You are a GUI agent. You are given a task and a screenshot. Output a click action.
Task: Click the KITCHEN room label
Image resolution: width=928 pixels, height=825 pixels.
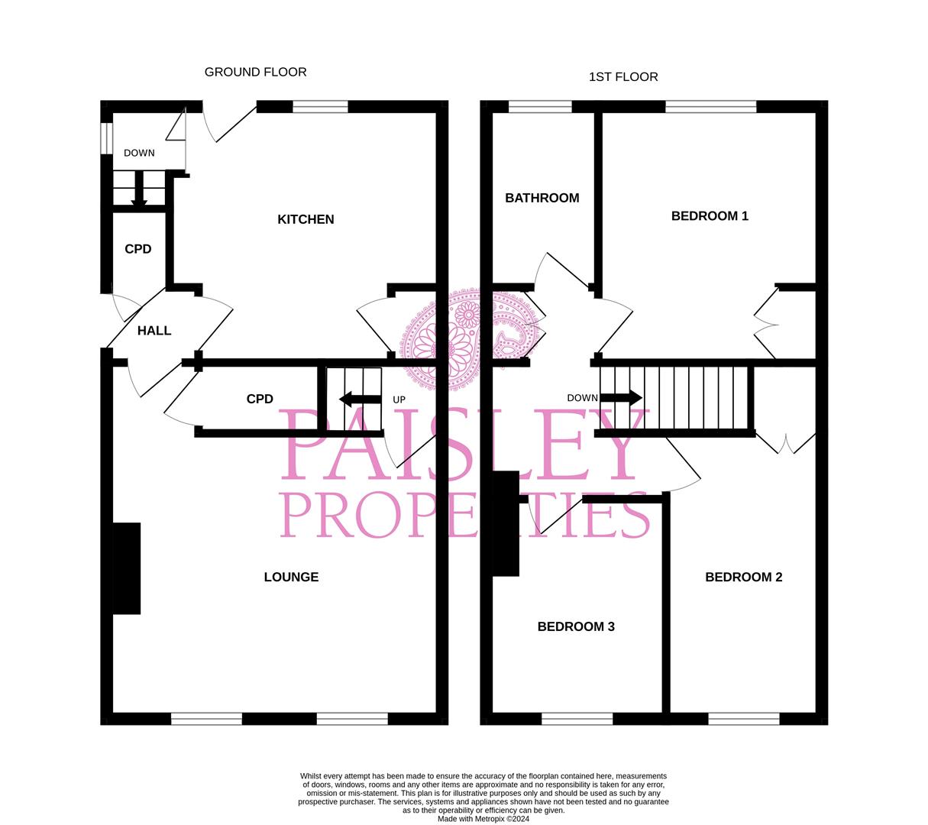[x=306, y=219]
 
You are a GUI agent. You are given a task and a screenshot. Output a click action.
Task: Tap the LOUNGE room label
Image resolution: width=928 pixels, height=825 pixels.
[x=291, y=577]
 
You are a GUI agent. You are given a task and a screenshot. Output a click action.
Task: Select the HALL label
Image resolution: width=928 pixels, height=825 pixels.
[x=154, y=331]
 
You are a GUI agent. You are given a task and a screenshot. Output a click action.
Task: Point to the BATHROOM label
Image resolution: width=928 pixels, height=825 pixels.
[x=542, y=198]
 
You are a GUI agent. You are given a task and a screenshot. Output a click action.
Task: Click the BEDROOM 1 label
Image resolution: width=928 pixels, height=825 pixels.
[x=710, y=215]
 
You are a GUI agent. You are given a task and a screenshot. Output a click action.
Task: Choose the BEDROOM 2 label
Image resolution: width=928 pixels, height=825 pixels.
[x=743, y=577]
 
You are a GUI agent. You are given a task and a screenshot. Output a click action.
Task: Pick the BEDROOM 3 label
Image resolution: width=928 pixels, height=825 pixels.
[x=576, y=626]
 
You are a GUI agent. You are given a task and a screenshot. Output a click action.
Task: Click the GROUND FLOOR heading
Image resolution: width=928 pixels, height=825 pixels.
[x=255, y=72]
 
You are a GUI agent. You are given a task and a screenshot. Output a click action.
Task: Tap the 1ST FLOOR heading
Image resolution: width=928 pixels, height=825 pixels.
[x=623, y=76]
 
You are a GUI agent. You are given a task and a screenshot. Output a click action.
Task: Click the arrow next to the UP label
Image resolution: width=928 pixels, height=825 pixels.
[x=360, y=399]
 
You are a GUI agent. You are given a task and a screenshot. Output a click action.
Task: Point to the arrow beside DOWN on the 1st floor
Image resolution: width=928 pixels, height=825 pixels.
[x=621, y=398]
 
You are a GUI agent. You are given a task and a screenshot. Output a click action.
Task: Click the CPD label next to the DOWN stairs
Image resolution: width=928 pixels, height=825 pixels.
[x=138, y=249]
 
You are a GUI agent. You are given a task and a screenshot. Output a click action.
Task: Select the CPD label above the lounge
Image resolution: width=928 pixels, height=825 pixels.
[x=260, y=399]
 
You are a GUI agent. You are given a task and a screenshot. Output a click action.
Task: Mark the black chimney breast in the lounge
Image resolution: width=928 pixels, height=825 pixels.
[x=127, y=568]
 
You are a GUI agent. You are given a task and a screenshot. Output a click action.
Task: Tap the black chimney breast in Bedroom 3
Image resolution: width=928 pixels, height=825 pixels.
[x=506, y=523]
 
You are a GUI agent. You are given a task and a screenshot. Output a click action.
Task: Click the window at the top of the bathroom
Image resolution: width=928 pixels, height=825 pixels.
[x=540, y=107]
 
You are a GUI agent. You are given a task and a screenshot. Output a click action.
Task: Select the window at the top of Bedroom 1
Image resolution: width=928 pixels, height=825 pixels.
[x=710, y=107]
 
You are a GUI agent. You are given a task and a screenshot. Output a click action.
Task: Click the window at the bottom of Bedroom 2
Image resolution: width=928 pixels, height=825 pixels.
[x=743, y=718]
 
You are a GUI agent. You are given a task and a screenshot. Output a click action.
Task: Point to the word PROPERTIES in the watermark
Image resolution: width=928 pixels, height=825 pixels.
[x=465, y=515]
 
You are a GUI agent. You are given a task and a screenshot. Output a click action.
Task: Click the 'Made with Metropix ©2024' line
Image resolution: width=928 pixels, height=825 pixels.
[x=483, y=819]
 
